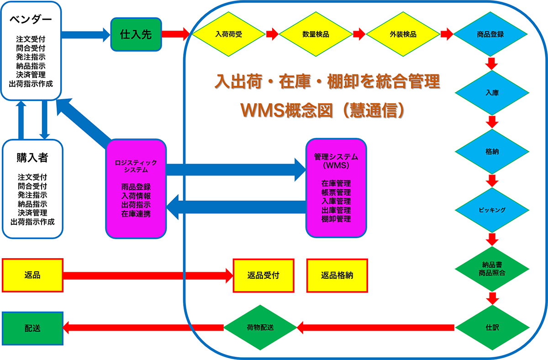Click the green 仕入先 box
click(x=136, y=34)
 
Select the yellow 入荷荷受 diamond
click(x=228, y=34)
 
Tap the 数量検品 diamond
click(x=316, y=34)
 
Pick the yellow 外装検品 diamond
click(x=403, y=34)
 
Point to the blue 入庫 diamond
click(x=492, y=92)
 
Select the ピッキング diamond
click(x=492, y=210)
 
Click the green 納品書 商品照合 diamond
click(x=492, y=269)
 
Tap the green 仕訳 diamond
click(x=492, y=328)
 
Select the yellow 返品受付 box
click(x=263, y=275)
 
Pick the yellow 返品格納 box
click(x=337, y=275)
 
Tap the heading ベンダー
click(x=31, y=20)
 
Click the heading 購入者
click(x=32, y=158)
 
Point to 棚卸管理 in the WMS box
click(x=336, y=219)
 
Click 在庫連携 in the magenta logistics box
click(x=136, y=213)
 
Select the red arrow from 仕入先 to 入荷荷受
click(x=175, y=33)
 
